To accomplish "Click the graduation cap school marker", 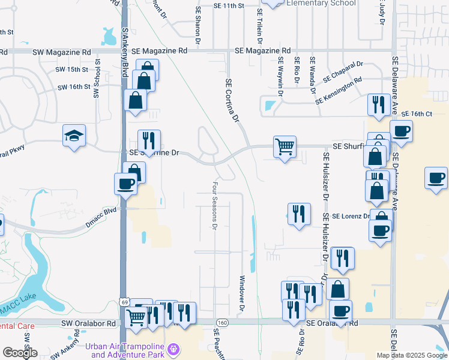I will [74, 136].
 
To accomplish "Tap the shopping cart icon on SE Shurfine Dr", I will [285, 146].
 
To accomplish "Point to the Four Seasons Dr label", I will [214, 206].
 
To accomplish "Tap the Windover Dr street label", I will [243, 293].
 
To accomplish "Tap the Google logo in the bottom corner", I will [20, 353].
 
